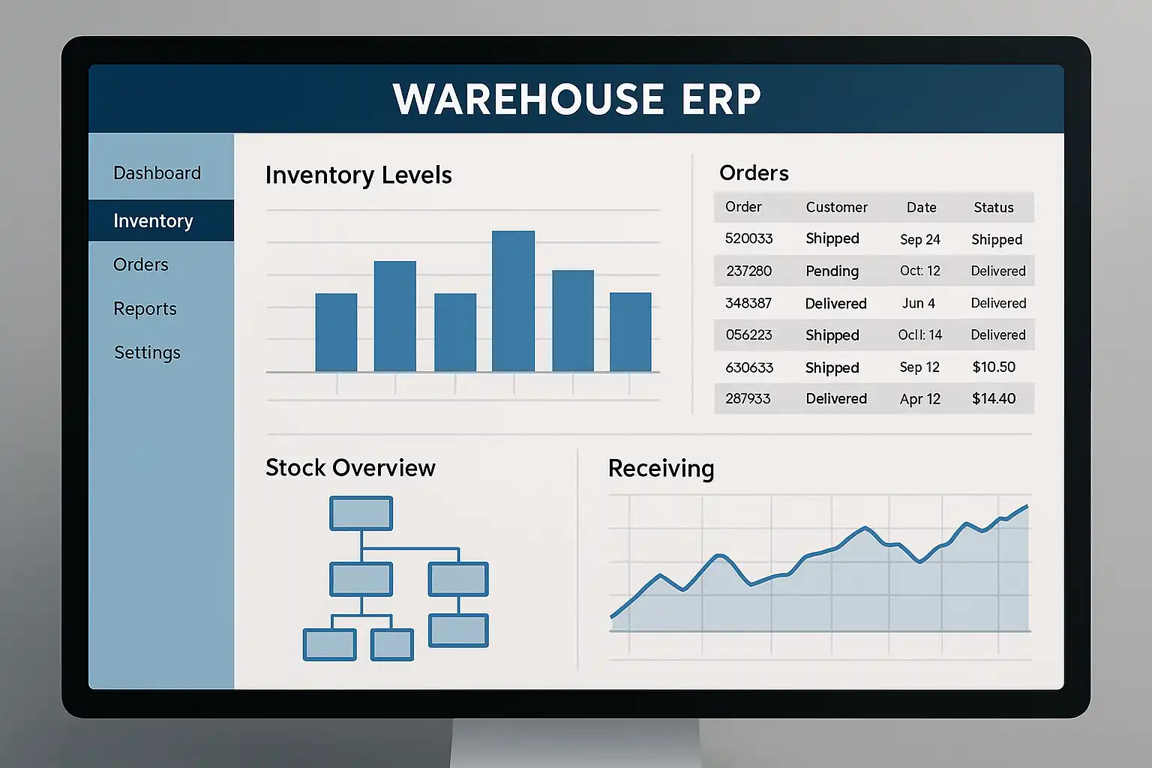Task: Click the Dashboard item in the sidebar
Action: click(157, 172)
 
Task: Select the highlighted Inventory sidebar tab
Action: click(161, 220)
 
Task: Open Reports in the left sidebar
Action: click(145, 309)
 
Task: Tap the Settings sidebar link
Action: click(147, 352)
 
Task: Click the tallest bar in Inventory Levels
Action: click(513, 301)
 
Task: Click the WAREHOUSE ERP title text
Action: click(576, 99)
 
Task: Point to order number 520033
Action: click(748, 238)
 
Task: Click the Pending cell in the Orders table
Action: click(832, 271)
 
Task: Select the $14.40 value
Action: click(994, 399)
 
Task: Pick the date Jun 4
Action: click(919, 304)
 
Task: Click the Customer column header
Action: click(836, 207)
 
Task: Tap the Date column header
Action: click(921, 207)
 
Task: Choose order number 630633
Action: click(749, 367)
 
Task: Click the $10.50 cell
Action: click(994, 367)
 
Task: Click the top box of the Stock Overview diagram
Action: click(361, 513)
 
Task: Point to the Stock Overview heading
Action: click(350, 467)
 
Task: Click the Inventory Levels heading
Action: click(358, 175)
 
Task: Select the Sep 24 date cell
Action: click(920, 240)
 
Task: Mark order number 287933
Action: click(748, 399)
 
